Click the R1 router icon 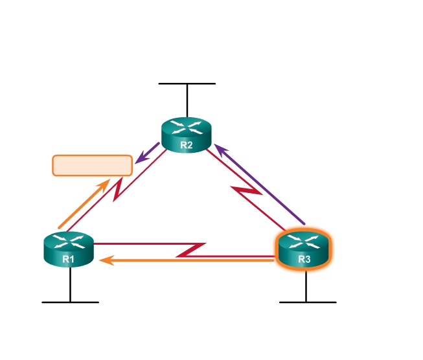coord(69,249)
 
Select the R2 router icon coord(187,135)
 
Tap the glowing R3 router coord(304,249)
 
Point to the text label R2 coord(187,144)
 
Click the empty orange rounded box coord(92,165)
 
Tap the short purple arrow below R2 coord(148,153)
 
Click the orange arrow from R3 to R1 coord(188,260)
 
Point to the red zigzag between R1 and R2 coord(119,190)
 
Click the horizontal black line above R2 coord(187,84)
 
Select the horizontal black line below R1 coord(70,302)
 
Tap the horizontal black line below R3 coord(307,302)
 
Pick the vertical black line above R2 coord(187,100)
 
